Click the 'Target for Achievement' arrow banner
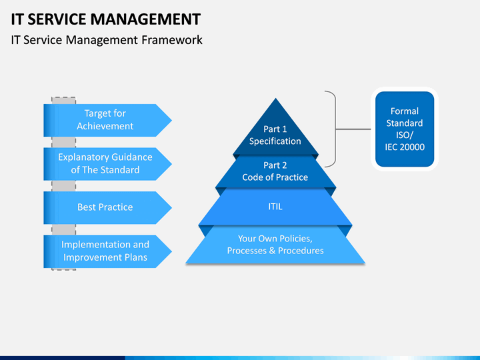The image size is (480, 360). tap(107, 120)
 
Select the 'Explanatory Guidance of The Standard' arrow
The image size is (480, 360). tap(107, 164)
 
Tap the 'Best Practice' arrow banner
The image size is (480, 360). tap(107, 207)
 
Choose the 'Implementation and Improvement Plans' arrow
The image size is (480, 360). tap(107, 251)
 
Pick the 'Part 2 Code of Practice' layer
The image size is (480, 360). tap(275, 171)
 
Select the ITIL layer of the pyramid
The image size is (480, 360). tap(275, 207)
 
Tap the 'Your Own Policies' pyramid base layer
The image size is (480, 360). tap(275, 245)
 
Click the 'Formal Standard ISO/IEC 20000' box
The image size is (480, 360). tap(405, 129)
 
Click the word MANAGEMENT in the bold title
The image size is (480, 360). tap(146, 19)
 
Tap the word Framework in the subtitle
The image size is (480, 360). tap(172, 40)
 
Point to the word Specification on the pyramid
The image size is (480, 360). tap(275, 141)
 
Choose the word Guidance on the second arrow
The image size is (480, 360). tap(132, 157)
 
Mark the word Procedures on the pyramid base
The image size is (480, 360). tap(301, 251)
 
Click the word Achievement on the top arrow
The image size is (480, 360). tap(105, 126)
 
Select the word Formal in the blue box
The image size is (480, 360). tap(405, 111)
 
